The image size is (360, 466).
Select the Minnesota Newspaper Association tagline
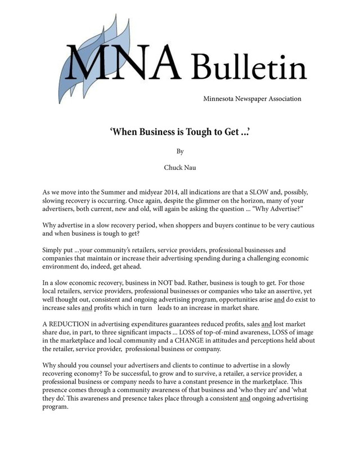[252, 99]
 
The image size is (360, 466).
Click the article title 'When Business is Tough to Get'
[179, 133]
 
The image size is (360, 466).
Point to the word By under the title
[180, 151]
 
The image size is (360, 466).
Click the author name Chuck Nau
[180, 168]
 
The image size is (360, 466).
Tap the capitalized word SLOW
[261, 192]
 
